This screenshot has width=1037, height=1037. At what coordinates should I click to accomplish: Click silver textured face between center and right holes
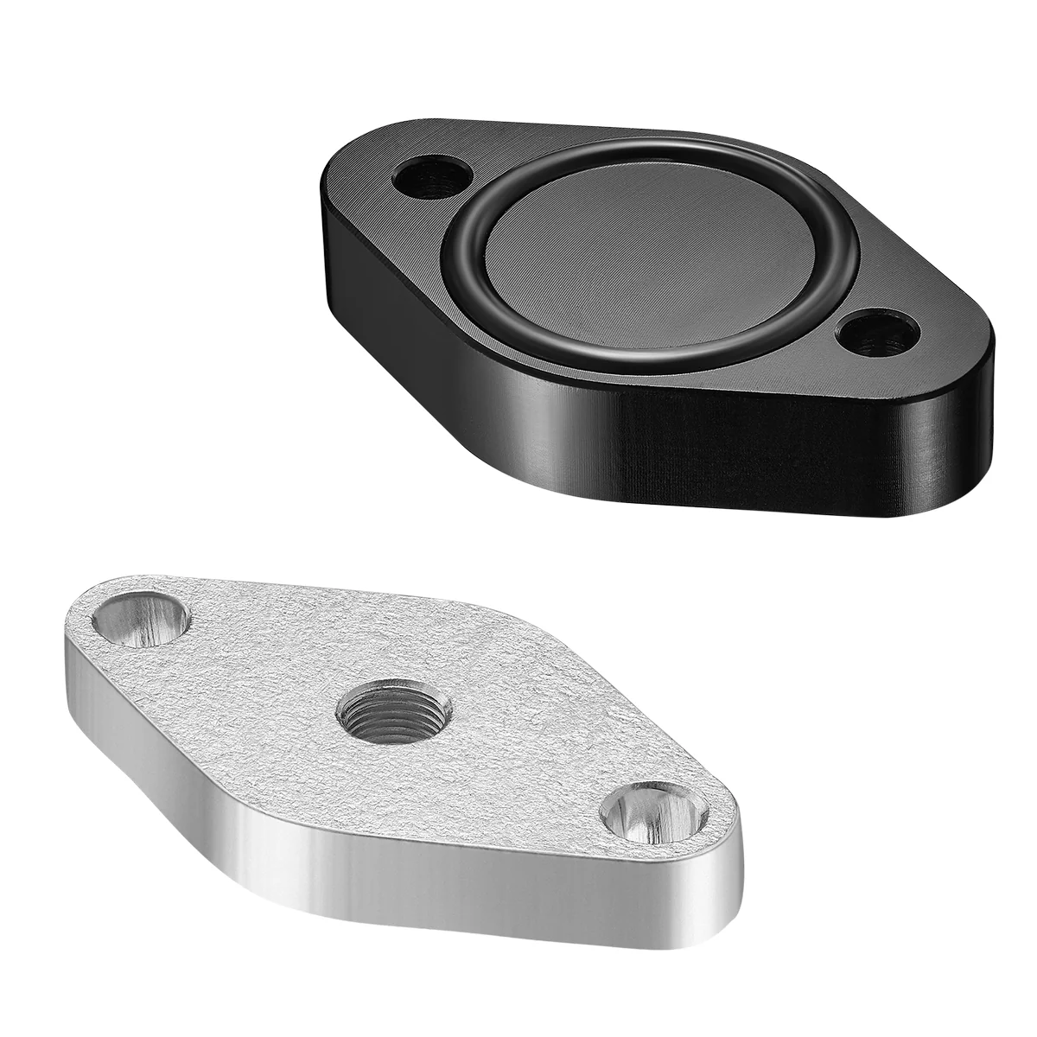[x=510, y=760]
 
